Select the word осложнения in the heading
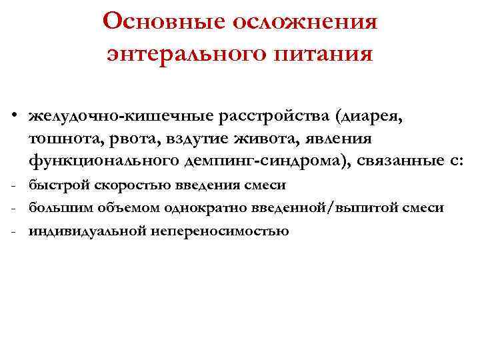(306, 21)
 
